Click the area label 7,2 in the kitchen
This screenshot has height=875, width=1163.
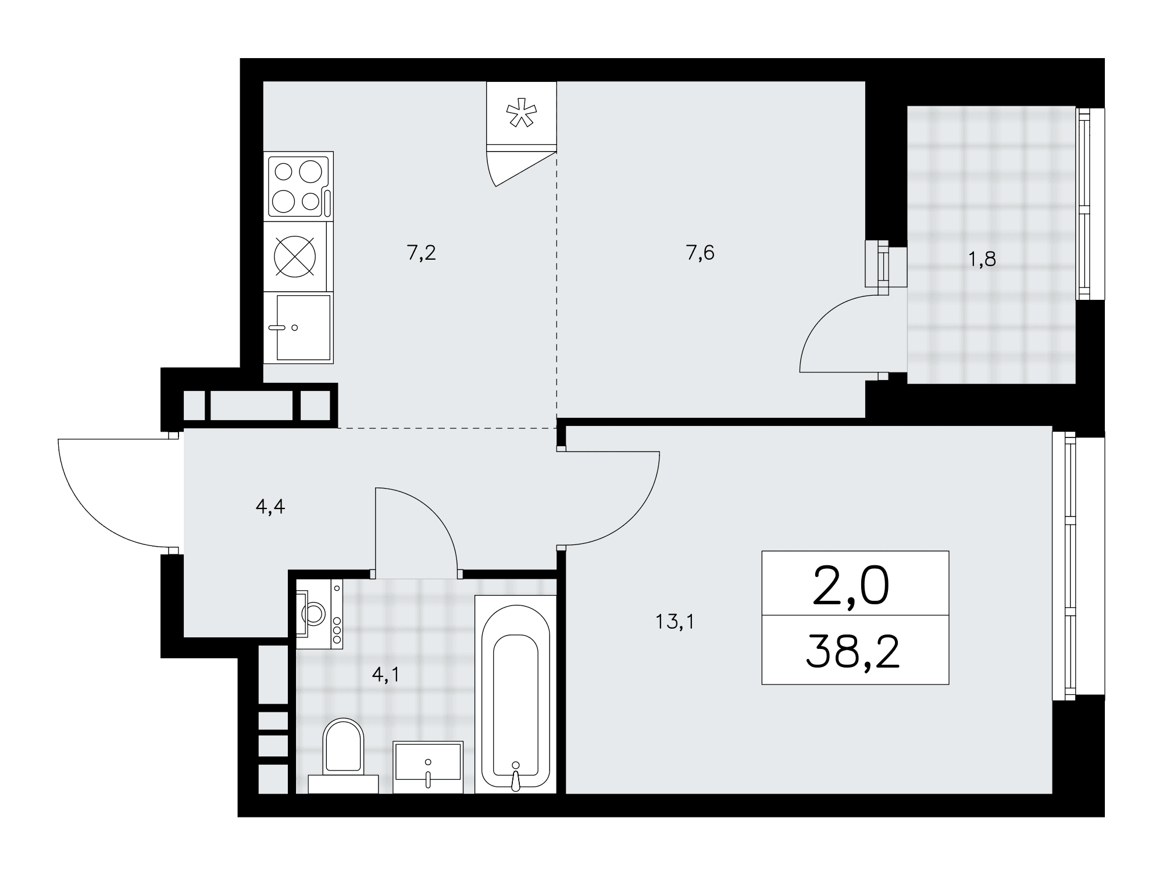(422, 253)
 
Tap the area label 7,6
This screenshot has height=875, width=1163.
(700, 253)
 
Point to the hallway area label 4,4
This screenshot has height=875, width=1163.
(270, 507)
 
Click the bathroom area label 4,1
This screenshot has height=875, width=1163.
(386, 675)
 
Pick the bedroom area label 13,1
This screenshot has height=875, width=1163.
(675, 622)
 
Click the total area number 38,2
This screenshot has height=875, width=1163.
(853, 652)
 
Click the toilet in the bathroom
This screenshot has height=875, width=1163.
(343, 755)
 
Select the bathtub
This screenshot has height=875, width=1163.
(516, 694)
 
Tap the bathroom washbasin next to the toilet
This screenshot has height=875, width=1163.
(428, 767)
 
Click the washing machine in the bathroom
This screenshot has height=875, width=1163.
(319, 614)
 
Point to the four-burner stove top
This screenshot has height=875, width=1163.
(298, 187)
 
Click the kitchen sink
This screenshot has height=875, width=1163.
(298, 328)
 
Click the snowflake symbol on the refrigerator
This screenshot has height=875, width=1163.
(521, 114)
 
